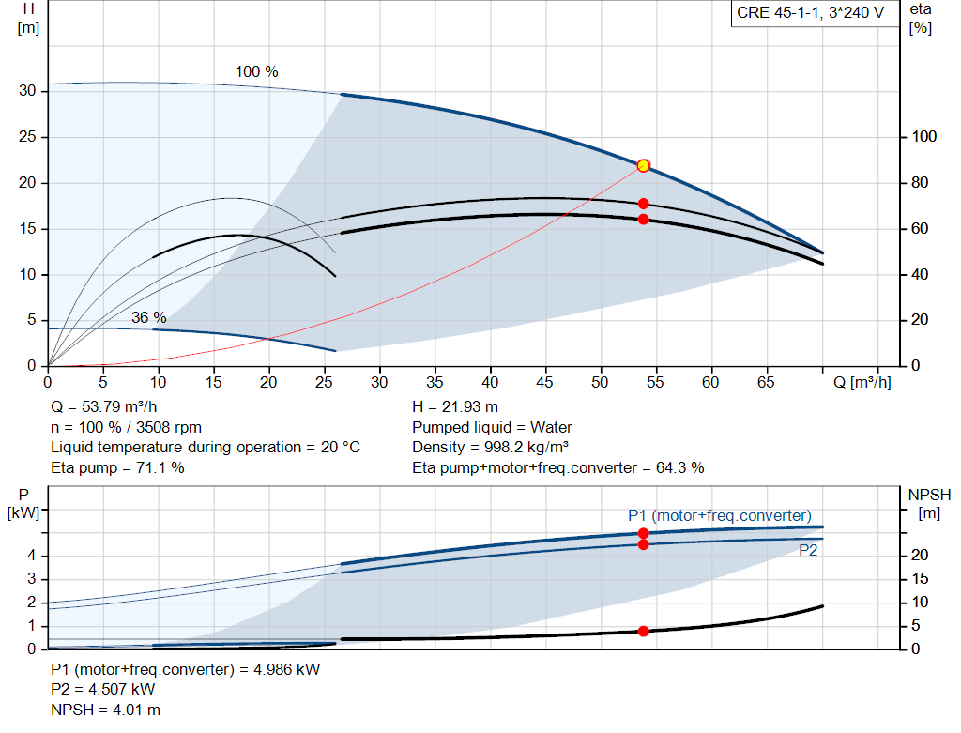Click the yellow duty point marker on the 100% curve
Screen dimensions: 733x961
click(643, 165)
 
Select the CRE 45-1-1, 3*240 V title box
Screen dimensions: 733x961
click(810, 14)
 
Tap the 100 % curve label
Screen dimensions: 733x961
click(256, 72)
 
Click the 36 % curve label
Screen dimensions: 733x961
click(148, 316)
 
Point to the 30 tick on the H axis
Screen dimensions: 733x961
click(27, 91)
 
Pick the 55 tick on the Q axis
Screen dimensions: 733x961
click(655, 382)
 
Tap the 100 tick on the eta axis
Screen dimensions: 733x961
click(923, 137)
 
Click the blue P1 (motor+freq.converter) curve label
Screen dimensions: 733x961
click(719, 515)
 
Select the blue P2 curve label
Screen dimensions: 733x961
click(808, 551)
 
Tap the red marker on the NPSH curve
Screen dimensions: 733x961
click(643, 631)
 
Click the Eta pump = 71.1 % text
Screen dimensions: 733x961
click(117, 467)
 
